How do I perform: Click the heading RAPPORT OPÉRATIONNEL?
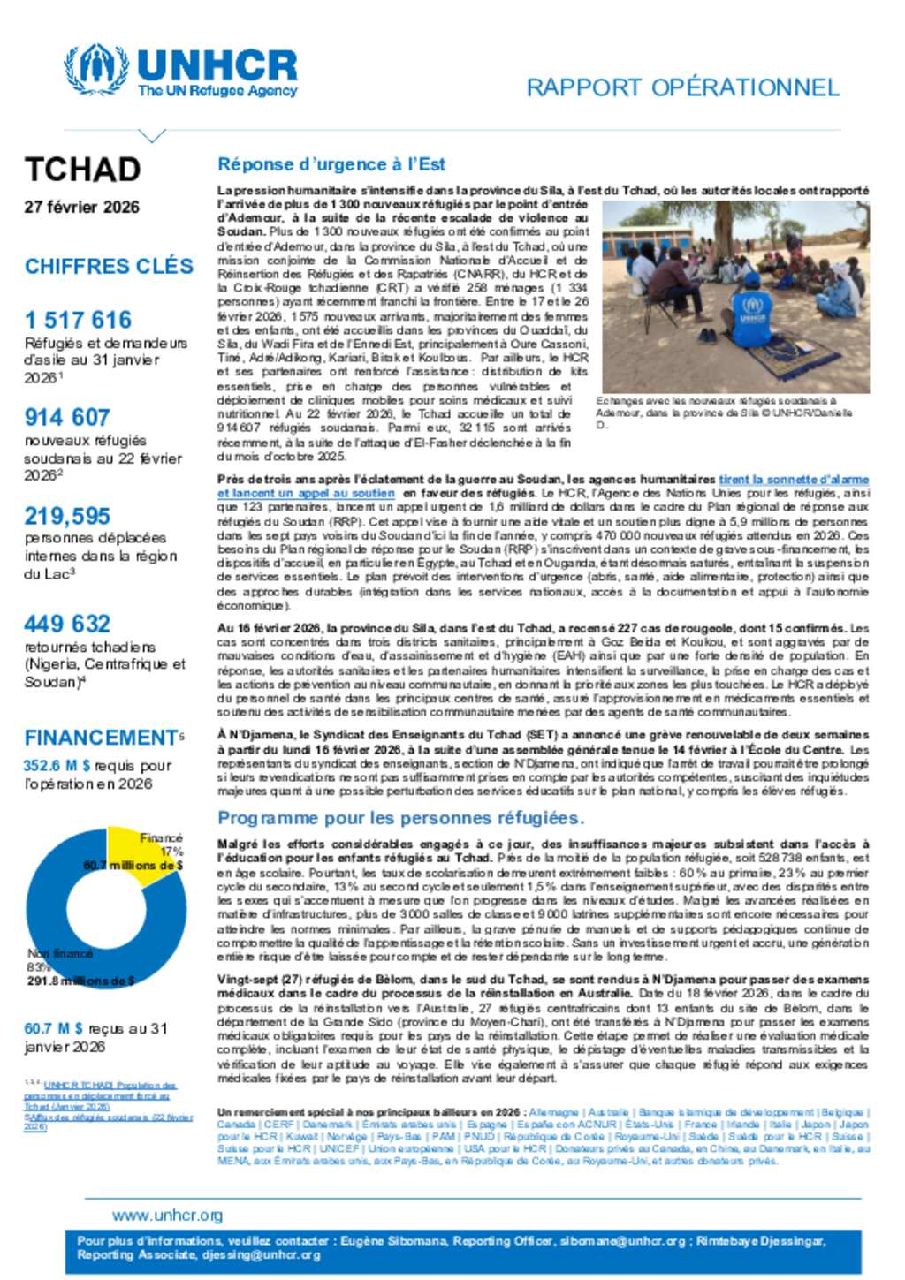682,87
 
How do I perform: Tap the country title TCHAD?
82,169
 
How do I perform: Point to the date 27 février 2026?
81,207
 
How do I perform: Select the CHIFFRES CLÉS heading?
109,266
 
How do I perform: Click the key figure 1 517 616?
78,320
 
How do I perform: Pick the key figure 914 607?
67,417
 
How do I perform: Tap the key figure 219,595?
67,515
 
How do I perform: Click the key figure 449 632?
67,624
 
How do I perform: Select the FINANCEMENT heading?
101,738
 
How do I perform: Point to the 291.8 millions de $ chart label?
80,981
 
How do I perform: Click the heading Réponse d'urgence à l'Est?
331,164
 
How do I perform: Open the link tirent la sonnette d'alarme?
793,479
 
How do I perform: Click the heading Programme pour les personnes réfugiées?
400,818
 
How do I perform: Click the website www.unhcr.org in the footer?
167,1215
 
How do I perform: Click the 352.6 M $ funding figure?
57,766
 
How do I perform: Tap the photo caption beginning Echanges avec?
723,412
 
